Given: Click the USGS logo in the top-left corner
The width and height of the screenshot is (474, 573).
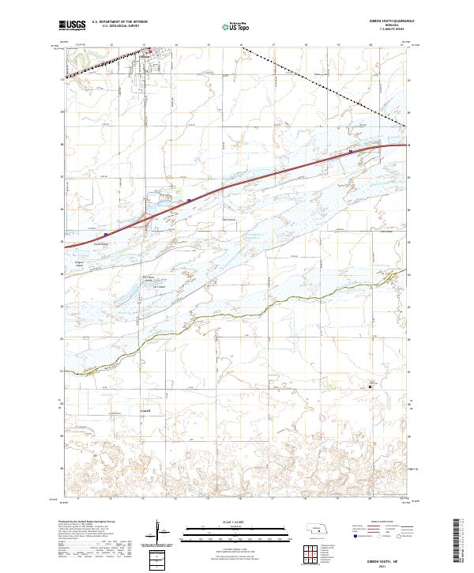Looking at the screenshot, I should coord(73,25).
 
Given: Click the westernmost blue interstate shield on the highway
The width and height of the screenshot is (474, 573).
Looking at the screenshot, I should coord(105,234).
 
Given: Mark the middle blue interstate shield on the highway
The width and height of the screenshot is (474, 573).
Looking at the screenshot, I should coord(189,201).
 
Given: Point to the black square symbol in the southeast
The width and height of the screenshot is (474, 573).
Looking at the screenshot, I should coord(370,386).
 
